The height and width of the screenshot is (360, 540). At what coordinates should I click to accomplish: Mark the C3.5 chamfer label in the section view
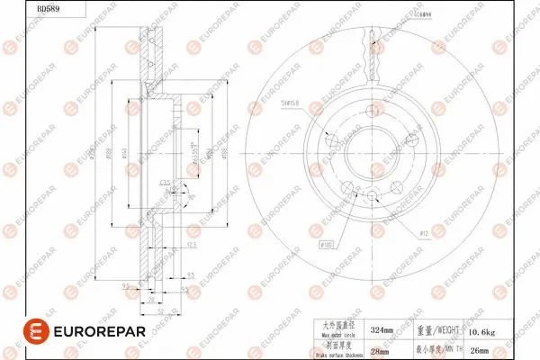(166, 184)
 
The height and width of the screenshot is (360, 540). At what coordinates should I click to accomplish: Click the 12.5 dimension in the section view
(191, 245)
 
